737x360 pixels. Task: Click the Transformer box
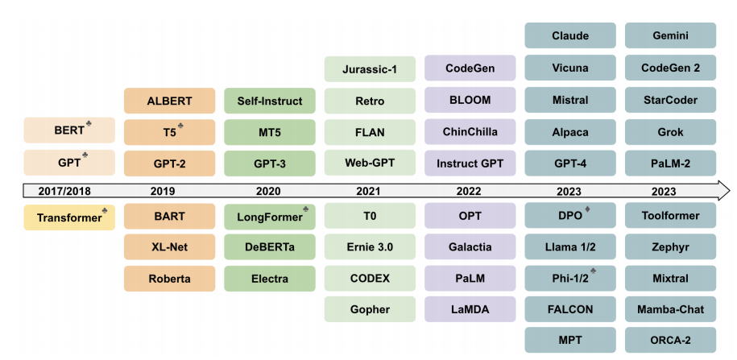69,217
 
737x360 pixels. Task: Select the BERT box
69,130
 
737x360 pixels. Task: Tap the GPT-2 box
169,163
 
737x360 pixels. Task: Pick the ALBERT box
169,101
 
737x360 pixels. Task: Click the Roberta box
169,278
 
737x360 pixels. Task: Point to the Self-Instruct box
270,101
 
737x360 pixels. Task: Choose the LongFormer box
270,217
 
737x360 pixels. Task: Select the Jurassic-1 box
370,69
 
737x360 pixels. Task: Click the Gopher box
370,309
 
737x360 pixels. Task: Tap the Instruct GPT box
470,163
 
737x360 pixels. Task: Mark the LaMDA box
470,309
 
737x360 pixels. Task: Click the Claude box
570,36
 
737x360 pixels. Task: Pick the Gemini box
670,36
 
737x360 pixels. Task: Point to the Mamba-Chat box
670,309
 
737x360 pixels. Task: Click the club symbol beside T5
181,126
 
